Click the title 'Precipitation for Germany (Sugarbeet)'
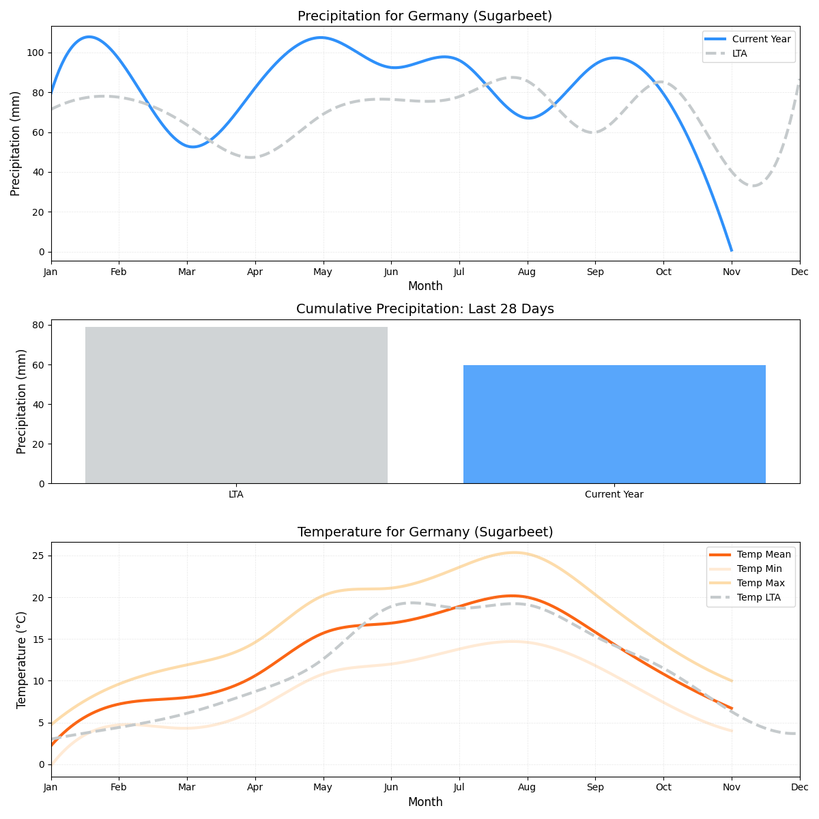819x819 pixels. (x=425, y=16)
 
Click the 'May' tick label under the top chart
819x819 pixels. (x=323, y=272)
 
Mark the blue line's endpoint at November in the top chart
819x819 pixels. (x=732, y=250)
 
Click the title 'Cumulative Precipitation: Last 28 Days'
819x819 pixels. (x=425, y=309)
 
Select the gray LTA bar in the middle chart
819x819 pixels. (x=236, y=405)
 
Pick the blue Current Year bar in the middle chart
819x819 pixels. (x=614, y=424)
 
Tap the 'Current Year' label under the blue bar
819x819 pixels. (x=614, y=494)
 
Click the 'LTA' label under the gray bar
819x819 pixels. (x=236, y=494)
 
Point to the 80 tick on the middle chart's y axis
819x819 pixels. (x=39, y=325)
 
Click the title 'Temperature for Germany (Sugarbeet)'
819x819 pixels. (x=425, y=532)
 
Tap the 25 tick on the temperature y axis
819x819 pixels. (x=39, y=556)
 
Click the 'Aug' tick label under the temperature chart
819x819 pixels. (x=527, y=787)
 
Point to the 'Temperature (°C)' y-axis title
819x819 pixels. (x=22, y=659)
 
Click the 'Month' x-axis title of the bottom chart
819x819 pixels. (x=425, y=802)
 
